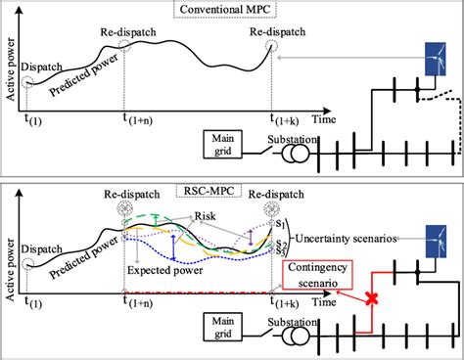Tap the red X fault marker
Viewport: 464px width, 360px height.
pos(373,297)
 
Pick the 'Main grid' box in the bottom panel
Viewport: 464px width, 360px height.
pos(224,324)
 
